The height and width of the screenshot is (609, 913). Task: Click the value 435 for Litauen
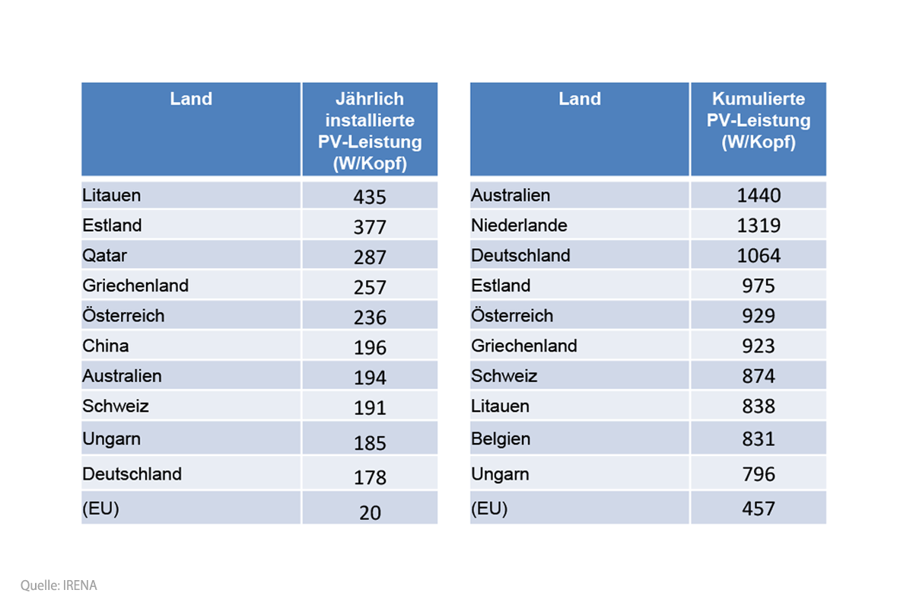pyautogui.click(x=370, y=196)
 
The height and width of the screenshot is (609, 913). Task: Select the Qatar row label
pyautogui.click(x=105, y=256)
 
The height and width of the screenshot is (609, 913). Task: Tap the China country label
pyautogui.click(x=106, y=346)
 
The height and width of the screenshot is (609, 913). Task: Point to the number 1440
pyautogui.click(x=759, y=196)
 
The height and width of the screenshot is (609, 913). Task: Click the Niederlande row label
pyautogui.click(x=519, y=225)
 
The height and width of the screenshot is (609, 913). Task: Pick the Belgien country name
pyautogui.click(x=501, y=438)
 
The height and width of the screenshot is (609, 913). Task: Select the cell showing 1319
pyautogui.click(x=759, y=226)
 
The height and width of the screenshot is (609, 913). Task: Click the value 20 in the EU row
pyautogui.click(x=370, y=512)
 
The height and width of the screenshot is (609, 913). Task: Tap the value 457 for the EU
pyautogui.click(x=759, y=509)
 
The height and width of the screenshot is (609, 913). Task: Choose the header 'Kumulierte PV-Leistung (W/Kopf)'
pyautogui.click(x=759, y=120)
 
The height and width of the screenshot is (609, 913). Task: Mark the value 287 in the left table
pyautogui.click(x=370, y=257)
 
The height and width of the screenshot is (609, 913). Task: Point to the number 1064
pyautogui.click(x=759, y=256)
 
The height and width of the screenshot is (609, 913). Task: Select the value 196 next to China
pyautogui.click(x=370, y=348)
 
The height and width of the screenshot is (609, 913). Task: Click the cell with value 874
pyautogui.click(x=759, y=376)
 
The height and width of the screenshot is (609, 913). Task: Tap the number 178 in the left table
pyautogui.click(x=370, y=477)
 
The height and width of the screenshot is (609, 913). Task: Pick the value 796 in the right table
pyautogui.click(x=759, y=474)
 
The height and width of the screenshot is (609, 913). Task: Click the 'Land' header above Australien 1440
pyautogui.click(x=580, y=99)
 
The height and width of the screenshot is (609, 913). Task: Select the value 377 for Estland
pyautogui.click(x=370, y=227)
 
